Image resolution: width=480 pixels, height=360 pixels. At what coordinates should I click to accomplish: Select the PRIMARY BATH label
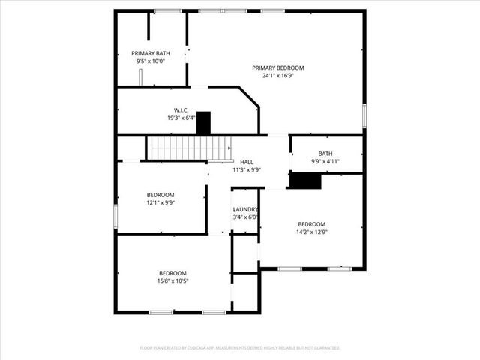[151, 53]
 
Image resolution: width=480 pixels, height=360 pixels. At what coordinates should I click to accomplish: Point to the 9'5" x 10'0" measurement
[151, 61]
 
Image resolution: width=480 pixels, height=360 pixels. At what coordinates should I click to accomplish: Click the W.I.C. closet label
[181, 109]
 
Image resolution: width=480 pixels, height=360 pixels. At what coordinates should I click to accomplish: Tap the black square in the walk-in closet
[203, 123]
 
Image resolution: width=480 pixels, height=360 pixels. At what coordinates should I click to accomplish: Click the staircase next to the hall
[177, 148]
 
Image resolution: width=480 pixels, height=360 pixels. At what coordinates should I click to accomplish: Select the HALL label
[247, 162]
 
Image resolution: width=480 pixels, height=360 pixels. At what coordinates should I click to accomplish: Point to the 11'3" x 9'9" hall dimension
[246, 170]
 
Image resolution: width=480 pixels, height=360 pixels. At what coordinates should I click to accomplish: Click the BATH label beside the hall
[325, 154]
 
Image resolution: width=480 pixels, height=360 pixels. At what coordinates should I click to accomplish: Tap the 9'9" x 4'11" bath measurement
[325, 162]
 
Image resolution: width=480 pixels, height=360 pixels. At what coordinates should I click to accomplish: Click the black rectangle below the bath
[305, 181]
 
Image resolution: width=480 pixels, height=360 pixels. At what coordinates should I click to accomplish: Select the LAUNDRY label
[245, 209]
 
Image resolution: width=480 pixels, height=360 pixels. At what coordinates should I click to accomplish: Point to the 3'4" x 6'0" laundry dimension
[245, 217]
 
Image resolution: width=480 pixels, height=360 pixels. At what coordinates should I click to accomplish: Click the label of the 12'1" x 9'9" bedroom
[160, 195]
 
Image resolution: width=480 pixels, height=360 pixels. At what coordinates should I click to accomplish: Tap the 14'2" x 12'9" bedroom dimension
[312, 232]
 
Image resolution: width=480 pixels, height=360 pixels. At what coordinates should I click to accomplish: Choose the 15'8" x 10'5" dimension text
[172, 281]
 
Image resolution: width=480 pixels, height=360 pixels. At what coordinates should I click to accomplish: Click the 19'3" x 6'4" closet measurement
[181, 118]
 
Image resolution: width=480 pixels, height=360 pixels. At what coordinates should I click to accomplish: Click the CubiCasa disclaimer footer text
[240, 348]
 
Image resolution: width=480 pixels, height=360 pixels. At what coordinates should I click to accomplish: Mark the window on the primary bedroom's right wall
[364, 115]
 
